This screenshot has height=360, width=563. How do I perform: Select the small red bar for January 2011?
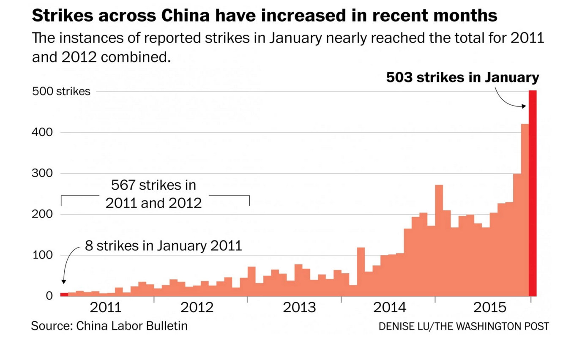tap(64, 294)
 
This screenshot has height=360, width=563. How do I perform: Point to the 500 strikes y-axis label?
tap(61, 91)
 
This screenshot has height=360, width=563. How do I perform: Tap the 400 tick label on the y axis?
tap(42, 132)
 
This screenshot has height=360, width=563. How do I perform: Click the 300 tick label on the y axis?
tap(42, 173)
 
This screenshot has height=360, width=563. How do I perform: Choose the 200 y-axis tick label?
tap(42, 214)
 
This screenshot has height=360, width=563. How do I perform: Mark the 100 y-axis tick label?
tap(42, 255)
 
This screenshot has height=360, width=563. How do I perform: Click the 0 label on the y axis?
tap(49, 296)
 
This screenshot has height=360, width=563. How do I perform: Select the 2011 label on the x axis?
tap(106, 307)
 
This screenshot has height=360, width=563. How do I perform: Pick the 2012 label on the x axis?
tap(197, 307)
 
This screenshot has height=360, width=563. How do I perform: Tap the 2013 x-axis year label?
tap(299, 307)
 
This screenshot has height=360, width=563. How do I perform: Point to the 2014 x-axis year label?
tap(390, 307)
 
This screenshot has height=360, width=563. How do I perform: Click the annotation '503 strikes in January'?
tap(462, 77)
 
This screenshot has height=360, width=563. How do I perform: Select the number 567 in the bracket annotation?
tap(123, 185)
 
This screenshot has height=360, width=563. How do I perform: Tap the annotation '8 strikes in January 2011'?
tap(163, 245)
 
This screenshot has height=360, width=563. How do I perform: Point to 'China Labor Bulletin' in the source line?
tap(132, 326)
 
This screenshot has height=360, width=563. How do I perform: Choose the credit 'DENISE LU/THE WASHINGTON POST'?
tap(464, 327)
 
